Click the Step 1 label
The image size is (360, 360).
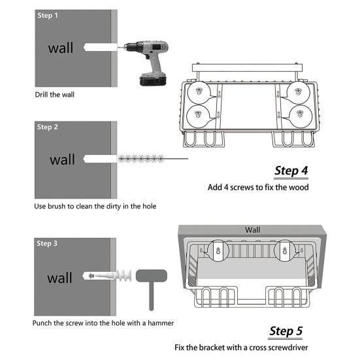48,16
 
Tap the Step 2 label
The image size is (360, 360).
47,127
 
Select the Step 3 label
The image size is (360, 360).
47,243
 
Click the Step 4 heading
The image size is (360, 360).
291,171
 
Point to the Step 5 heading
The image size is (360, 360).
286,331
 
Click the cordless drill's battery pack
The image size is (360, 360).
153,80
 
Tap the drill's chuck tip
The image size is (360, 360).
120,47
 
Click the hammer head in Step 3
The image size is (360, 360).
152,276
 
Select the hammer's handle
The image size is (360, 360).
151,296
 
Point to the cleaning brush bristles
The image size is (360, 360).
141,159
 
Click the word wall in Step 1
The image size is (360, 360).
61,48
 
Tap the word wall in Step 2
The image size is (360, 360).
62,159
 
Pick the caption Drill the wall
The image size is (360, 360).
55,95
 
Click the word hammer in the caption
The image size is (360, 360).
161,323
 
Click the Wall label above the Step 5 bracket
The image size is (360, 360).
252,230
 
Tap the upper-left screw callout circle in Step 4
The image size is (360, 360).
199,93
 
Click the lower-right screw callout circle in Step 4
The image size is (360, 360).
301,116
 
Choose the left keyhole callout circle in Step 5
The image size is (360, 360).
218,251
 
